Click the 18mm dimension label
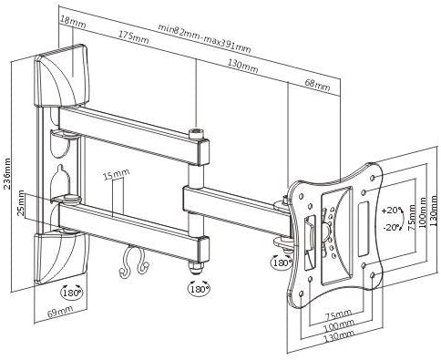coord(73,22)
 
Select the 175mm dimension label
coord(134,37)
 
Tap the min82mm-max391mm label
coord(205,38)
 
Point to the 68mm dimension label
coord(317,85)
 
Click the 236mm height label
coord(6,173)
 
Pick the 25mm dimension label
coord(21,202)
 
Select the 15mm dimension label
coord(117,174)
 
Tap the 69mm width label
coord(60,312)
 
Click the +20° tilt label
coord(392,210)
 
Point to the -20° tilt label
coord(392,228)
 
